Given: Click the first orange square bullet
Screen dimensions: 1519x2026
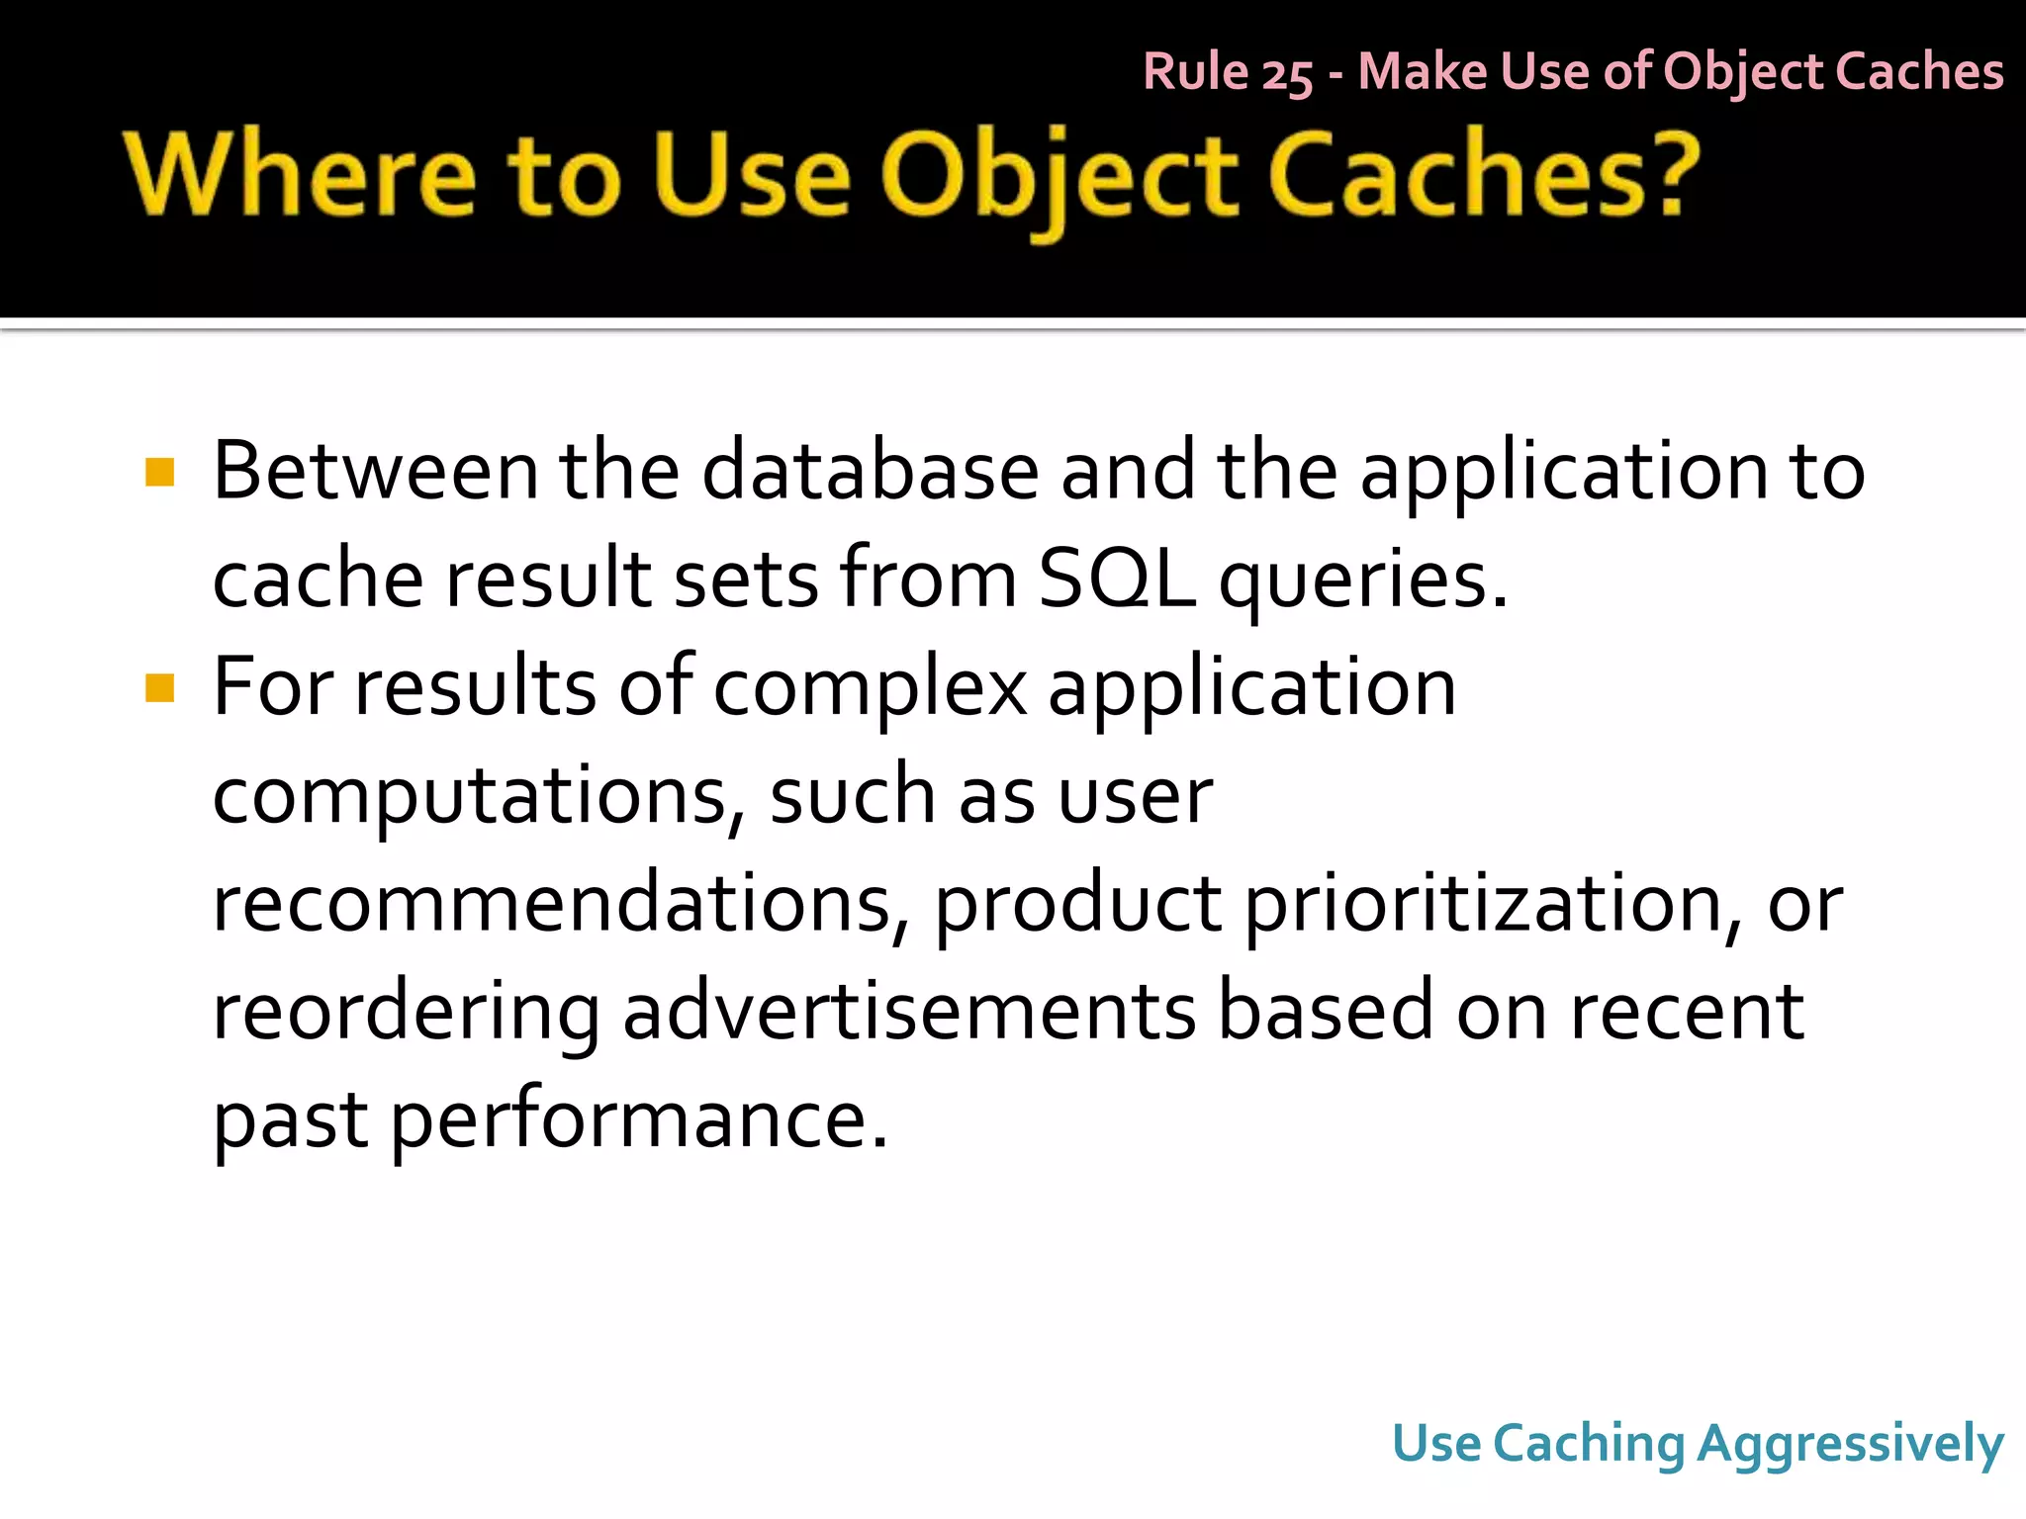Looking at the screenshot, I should click(159, 472).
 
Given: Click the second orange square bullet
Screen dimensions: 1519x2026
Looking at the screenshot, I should click(159, 687).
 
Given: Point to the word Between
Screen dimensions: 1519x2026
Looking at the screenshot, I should click(376, 472).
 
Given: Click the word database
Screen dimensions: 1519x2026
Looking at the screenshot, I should click(871, 472).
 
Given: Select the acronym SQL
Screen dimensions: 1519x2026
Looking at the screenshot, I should click(1116, 580).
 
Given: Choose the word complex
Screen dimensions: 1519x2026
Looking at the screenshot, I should click(871, 689).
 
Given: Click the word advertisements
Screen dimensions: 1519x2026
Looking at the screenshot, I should click(909, 1012).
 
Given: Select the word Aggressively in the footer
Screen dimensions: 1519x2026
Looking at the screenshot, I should click(1850, 1445).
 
